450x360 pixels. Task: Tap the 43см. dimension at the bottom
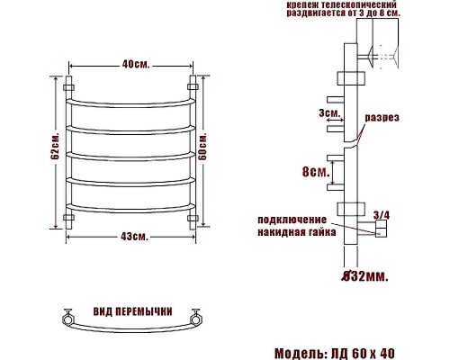coord(134,236)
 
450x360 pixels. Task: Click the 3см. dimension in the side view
coord(328,113)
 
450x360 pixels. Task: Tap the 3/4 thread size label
coord(381,213)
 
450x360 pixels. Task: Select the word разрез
coord(382,118)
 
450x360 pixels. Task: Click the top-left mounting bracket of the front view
coord(70,87)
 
